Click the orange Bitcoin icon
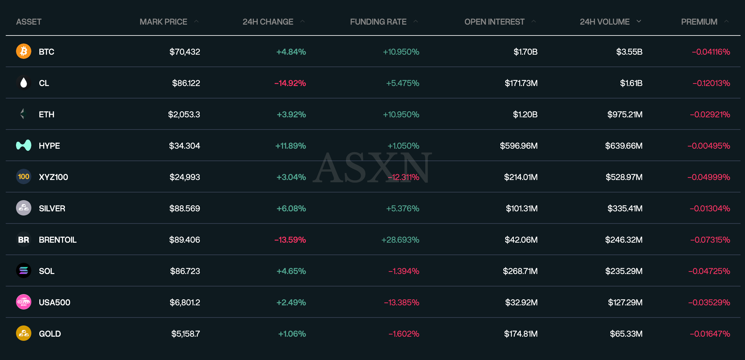click(24, 51)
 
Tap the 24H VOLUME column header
click(604, 22)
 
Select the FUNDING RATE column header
click(378, 22)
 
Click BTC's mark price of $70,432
click(184, 52)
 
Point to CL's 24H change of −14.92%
click(290, 83)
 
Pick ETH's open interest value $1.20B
click(525, 114)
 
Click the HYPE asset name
click(49, 146)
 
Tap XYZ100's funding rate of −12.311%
click(403, 177)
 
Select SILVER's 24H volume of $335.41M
click(625, 208)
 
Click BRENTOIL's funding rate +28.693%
click(400, 240)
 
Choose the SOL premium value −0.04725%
click(709, 271)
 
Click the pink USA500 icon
click(24, 302)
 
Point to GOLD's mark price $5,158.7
click(185, 334)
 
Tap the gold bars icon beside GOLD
click(24, 333)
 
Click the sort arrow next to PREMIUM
click(726, 21)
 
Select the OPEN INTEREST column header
click(494, 22)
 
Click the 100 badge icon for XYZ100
click(24, 177)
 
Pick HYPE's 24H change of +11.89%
click(290, 146)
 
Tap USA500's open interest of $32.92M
click(521, 302)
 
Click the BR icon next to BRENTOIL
click(24, 239)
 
